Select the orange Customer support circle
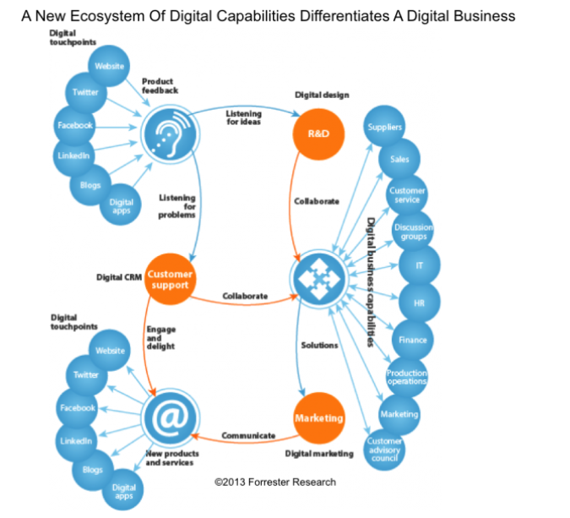coord(169,279)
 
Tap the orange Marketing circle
coord(319,417)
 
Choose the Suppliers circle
coord(385,128)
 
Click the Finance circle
coord(413,340)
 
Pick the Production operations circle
coord(407,377)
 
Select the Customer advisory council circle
coord(384,447)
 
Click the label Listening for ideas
coord(243,118)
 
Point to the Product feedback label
coord(160,85)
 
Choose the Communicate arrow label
coord(248,435)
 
